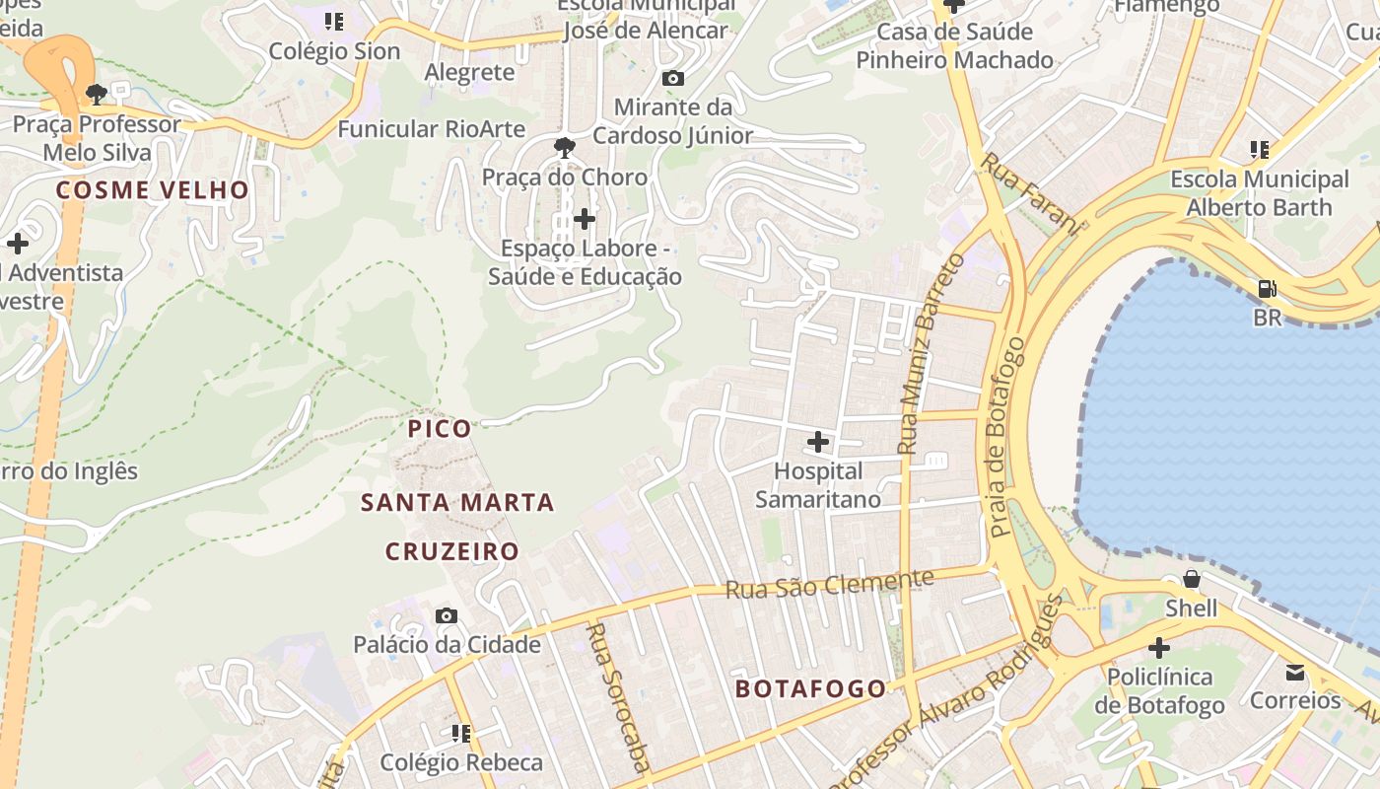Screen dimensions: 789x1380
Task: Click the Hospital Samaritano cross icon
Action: pyautogui.click(x=817, y=442)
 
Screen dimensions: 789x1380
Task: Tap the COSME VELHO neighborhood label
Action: pyautogui.click(x=153, y=190)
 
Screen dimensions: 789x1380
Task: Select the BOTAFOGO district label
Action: pyautogui.click(x=810, y=689)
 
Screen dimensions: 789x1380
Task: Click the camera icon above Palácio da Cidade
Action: pyautogui.click(x=447, y=616)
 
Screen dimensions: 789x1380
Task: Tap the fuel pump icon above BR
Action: pyautogui.click(x=1267, y=289)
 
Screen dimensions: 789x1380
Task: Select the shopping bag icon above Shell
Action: pyautogui.click(x=1191, y=579)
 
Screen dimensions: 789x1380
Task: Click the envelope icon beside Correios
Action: pyautogui.click(x=1294, y=673)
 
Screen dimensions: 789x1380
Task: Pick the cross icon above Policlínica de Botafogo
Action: pyautogui.click(x=1159, y=648)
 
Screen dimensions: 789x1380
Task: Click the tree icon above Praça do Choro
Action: pyautogui.click(x=565, y=148)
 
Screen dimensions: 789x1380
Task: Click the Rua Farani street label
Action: pyautogui.click(x=1029, y=193)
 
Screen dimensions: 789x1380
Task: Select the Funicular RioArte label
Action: pyautogui.click(x=431, y=129)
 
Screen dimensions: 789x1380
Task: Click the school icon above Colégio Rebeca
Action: pyautogui.click(x=460, y=733)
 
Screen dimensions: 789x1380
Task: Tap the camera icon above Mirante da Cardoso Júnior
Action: pyautogui.click(x=673, y=78)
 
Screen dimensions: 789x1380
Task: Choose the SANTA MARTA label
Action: pyautogui.click(x=457, y=503)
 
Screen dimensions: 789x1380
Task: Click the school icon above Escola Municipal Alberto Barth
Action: pyautogui.click(x=1259, y=150)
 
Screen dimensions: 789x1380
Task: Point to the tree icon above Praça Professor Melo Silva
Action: pyautogui.click(x=96, y=95)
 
